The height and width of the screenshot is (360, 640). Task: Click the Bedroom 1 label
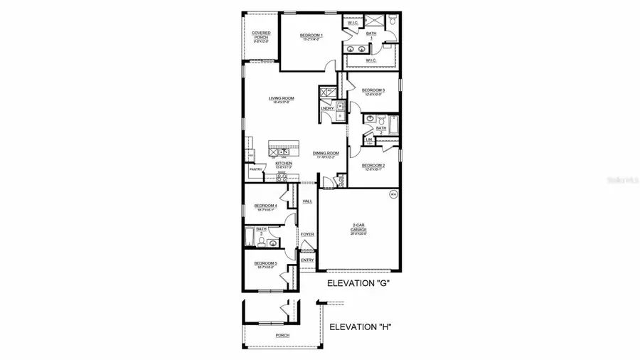311,36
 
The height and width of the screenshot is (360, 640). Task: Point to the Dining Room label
326,153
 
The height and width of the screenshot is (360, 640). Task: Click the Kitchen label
284,163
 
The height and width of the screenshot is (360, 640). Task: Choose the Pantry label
256,169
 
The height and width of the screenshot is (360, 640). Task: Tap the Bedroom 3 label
373,90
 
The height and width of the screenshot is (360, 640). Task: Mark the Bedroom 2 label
373,166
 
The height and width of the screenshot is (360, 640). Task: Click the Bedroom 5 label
265,263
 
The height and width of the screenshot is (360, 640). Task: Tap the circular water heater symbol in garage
393,194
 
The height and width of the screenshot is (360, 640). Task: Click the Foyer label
307,234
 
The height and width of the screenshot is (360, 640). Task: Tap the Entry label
307,260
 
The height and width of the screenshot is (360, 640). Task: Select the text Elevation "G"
358,283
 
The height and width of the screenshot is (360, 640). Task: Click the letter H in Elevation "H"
383,327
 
